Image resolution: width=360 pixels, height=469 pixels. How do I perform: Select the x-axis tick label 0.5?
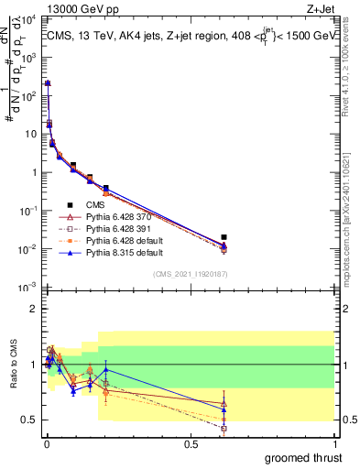coord(191,443)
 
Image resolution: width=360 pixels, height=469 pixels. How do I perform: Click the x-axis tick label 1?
coord(334,443)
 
